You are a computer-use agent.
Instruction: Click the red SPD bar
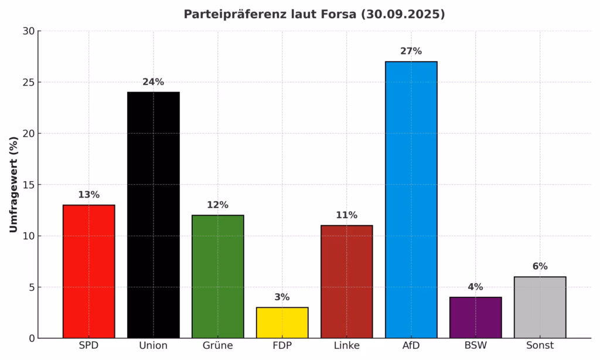pyautogui.click(x=89, y=271)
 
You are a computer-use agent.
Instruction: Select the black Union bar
pyautogui.click(x=154, y=215)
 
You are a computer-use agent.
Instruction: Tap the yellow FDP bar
pyautogui.click(x=282, y=322)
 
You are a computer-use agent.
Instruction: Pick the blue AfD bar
pyautogui.click(x=411, y=199)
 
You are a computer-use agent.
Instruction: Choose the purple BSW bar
pyautogui.click(x=475, y=317)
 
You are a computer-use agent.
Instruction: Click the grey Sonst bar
pyautogui.click(x=540, y=307)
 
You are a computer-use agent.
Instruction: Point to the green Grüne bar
pyautogui.click(x=217, y=277)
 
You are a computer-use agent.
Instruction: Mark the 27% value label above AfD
pyautogui.click(x=411, y=51)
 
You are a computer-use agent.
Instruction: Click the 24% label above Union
pyautogui.click(x=154, y=82)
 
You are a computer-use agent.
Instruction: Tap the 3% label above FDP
pyautogui.click(x=282, y=297)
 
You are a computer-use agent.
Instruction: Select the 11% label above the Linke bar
pyautogui.click(x=346, y=215)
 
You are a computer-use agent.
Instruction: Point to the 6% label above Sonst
pyautogui.click(x=540, y=266)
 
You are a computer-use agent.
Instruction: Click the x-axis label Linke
pyautogui.click(x=346, y=346)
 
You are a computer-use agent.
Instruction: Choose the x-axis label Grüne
pyautogui.click(x=217, y=346)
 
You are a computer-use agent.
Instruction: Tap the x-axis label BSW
pyautogui.click(x=475, y=346)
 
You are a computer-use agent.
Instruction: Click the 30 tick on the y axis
pyautogui.click(x=28, y=31)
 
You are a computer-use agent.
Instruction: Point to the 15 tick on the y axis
pyautogui.click(x=28, y=185)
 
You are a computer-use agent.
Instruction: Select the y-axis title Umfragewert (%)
pyautogui.click(x=13, y=185)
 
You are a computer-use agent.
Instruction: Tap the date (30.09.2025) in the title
pyautogui.click(x=403, y=15)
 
